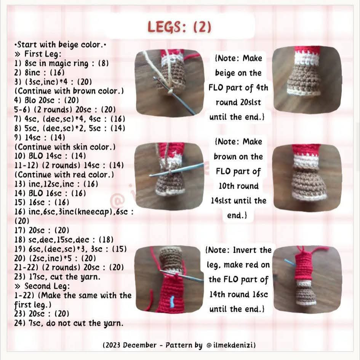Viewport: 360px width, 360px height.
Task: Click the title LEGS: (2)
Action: (179, 27)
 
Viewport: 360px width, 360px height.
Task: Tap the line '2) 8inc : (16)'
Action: (39, 72)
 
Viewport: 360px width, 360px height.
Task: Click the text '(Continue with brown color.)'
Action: (69, 91)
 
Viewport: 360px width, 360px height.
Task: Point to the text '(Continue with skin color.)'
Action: (65, 147)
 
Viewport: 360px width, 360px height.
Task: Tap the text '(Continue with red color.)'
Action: (64, 175)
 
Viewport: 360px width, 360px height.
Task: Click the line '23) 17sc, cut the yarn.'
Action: (58, 277)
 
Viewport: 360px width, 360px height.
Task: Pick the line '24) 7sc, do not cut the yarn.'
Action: (69, 323)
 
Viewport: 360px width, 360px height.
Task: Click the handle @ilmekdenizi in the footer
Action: (231, 345)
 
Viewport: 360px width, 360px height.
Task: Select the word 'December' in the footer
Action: (139, 345)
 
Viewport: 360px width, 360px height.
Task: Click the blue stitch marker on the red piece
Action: (172, 302)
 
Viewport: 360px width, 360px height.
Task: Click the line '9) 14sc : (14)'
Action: (40, 137)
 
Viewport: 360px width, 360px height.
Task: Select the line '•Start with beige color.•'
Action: (60, 45)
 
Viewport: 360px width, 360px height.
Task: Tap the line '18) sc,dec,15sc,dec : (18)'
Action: (64, 240)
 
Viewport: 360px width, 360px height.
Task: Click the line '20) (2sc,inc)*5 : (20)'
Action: (55, 259)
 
